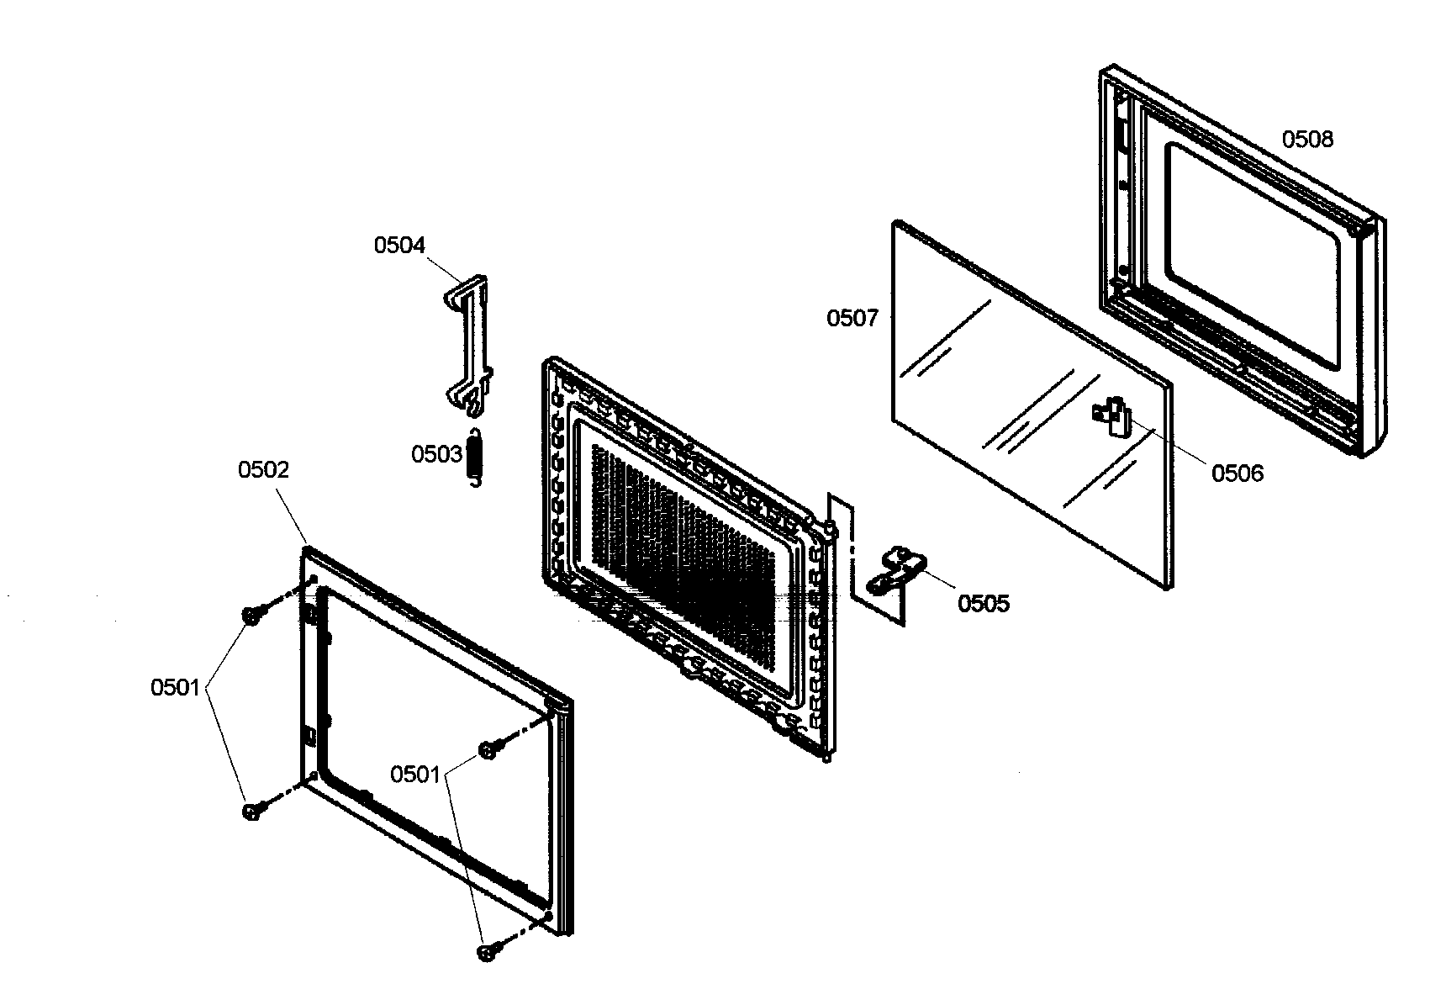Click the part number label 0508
tap(1306, 139)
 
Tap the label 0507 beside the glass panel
tap(852, 319)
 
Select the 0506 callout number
tap(1237, 474)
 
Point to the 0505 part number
tap(983, 604)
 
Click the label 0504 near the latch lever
tap(399, 246)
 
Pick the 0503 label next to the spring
tap(435, 455)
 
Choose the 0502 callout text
tap(263, 470)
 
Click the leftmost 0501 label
tap(175, 688)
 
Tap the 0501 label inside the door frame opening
tap(415, 775)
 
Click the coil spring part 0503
tap(475, 457)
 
